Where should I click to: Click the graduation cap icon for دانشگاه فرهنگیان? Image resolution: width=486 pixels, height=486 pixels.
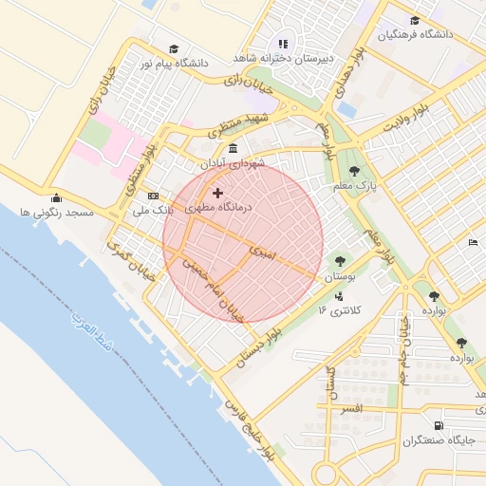click(x=414, y=21)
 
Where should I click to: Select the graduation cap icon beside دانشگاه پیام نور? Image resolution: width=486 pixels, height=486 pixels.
click(x=173, y=49)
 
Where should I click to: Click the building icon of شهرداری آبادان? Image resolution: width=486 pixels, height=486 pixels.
click(x=234, y=149)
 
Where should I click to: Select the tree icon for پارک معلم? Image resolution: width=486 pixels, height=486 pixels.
click(x=354, y=172)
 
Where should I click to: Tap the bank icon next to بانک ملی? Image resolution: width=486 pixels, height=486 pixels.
click(x=154, y=196)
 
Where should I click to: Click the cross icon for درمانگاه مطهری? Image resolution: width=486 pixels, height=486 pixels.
click(x=217, y=194)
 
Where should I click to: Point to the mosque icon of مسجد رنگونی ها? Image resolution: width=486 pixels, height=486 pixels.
click(x=56, y=198)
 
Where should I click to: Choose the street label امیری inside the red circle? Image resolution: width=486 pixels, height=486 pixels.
click(x=260, y=252)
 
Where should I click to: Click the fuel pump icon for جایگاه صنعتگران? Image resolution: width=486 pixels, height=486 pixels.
click(x=438, y=425)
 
